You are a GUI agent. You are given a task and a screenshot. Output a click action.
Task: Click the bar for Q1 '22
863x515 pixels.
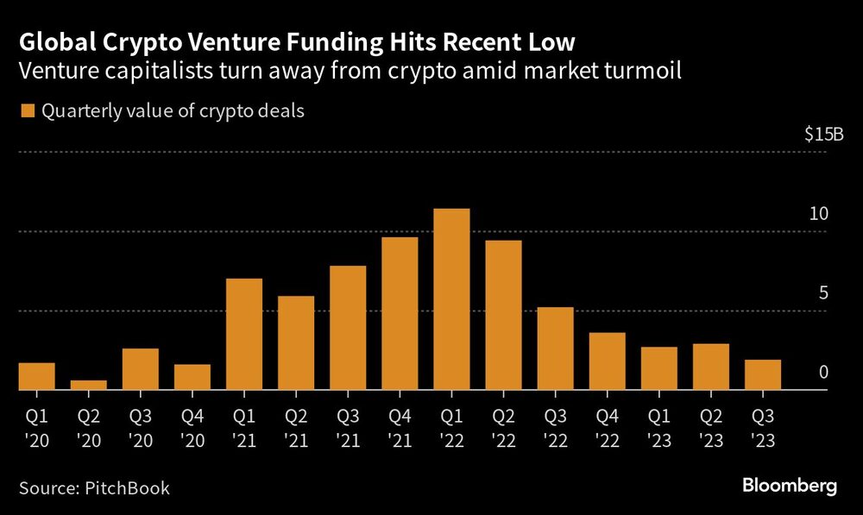click(451, 299)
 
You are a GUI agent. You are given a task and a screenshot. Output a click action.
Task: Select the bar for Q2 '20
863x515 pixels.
click(89, 385)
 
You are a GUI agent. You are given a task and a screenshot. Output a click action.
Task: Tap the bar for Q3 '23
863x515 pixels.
click(762, 374)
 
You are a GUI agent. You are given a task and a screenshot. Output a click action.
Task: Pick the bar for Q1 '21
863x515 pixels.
click(244, 334)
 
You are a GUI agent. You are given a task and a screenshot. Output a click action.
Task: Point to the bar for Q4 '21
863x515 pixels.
click(400, 313)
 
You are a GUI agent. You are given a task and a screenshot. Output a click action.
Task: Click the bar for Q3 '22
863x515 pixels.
click(555, 349)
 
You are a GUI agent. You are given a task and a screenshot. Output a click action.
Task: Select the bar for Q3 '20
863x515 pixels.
click(141, 369)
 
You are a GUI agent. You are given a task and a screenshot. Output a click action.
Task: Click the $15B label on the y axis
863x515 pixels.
click(822, 135)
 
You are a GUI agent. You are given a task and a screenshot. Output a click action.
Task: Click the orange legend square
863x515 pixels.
click(26, 111)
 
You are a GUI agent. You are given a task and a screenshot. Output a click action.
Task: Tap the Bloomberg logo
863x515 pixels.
click(790, 487)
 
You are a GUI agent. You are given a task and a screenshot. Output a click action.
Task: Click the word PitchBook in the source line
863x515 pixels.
click(128, 488)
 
